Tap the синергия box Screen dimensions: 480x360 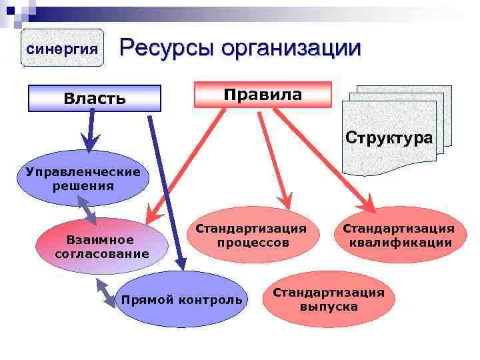63,48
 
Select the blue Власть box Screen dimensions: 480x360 94,98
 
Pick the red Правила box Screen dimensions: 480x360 262,94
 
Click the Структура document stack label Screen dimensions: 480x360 389,138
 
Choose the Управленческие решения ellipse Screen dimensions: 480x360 83,179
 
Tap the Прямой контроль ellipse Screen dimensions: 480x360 181,299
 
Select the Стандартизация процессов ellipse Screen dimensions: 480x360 253,235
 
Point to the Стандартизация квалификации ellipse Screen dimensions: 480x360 399,235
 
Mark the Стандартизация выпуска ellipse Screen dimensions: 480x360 328,299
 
